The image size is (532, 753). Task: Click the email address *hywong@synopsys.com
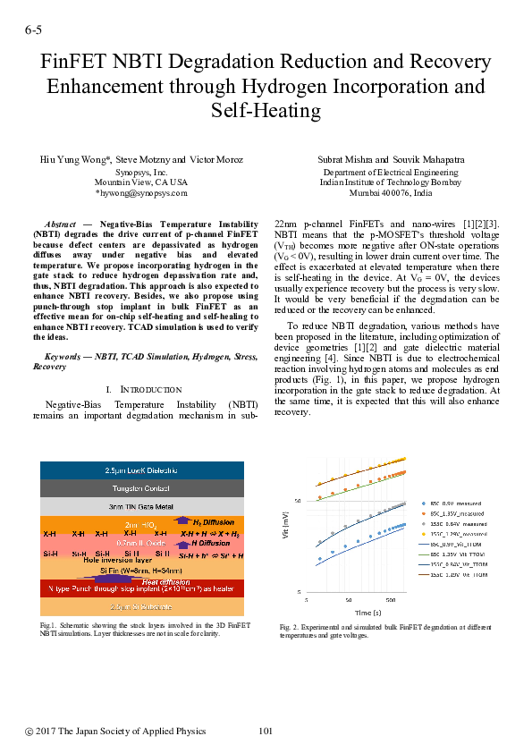pyautogui.click(x=141, y=192)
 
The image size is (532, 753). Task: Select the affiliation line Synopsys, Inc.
pyautogui.click(x=141, y=171)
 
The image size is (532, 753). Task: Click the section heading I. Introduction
pyautogui.click(x=144, y=390)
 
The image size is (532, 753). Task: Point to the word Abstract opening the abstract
pyautogui.click(x=61, y=222)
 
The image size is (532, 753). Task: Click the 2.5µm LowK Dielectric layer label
pyautogui.click(x=143, y=470)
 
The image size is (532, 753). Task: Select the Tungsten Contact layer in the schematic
pyautogui.click(x=143, y=488)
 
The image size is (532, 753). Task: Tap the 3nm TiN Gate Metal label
pyautogui.click(x=143, y=506)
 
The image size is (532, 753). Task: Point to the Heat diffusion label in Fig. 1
pyautogui.click(x=166, y=580)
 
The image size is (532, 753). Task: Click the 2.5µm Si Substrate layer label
pyautogui.click(x=143, y=607)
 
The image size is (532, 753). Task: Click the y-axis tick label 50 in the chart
pyautogui.click(x=298, y=500)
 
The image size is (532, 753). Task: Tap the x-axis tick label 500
pyautogui.click(x=391, y=599)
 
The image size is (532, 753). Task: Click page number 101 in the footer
pyautogui.click(x=266, y=732)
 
